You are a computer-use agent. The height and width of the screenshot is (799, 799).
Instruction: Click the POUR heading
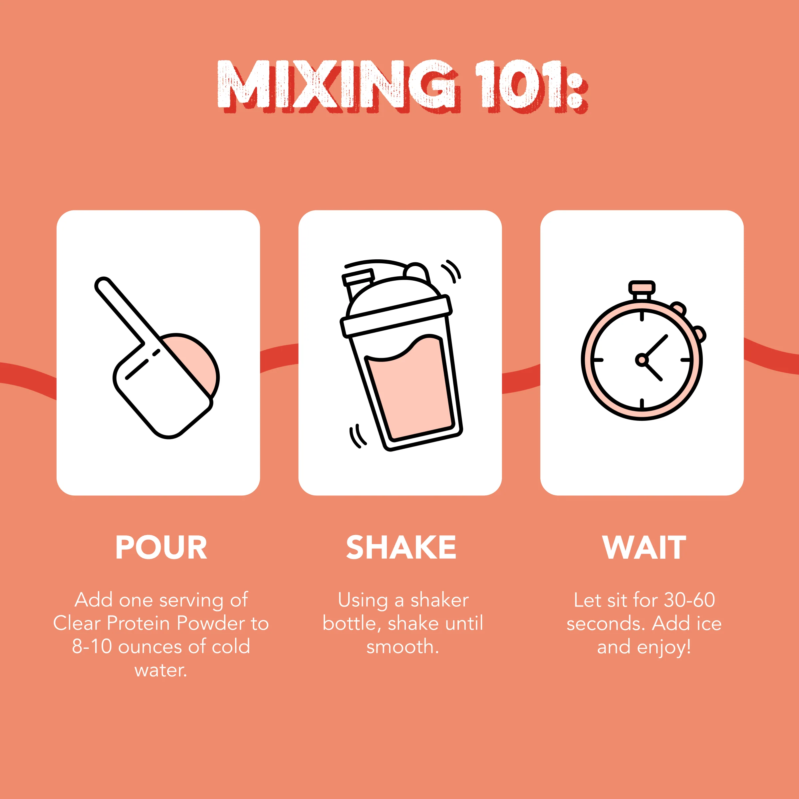pyautogui.click(x=161, y=548)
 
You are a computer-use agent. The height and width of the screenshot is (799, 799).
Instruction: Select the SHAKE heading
pyautogui.click(x=401, y=548)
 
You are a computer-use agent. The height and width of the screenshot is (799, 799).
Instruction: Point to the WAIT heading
pyautogui.click(x=644, y=548)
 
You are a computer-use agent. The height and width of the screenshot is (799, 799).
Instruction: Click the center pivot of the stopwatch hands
pyautogui.click(x=642, y=360)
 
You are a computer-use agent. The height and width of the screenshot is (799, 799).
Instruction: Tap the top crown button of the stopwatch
pyautogui.click(x=642, y=287)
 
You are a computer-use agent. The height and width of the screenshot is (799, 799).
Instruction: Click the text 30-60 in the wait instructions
pyautogui.click(x=689, y=600)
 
